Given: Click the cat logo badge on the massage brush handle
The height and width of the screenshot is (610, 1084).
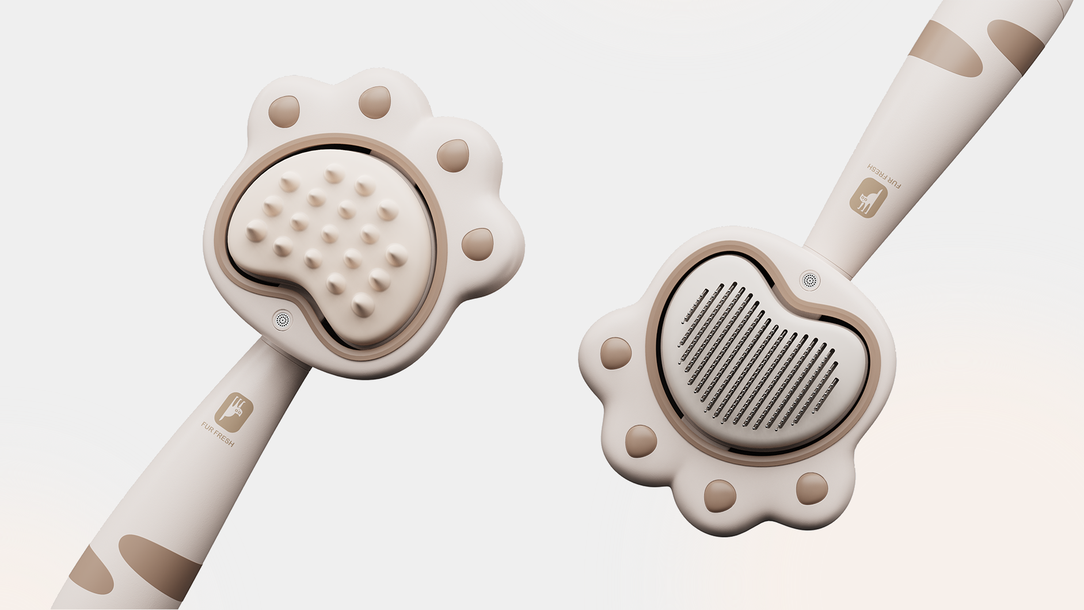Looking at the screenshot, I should coord(234,412).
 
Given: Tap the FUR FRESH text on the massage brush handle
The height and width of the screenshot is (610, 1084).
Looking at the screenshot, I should coord(218,434).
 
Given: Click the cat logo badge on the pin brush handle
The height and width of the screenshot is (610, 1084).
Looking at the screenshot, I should coord(868,197).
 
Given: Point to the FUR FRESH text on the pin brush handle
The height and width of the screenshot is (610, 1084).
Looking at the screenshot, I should coord(884,176).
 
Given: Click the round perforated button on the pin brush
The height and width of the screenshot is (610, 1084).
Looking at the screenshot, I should coord(810,280).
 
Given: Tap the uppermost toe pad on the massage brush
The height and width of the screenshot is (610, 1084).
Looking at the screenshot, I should coord(375,102).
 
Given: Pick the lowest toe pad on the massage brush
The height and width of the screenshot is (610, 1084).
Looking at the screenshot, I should coord(478,244).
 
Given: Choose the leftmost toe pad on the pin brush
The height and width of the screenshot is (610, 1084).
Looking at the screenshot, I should coord(615,353).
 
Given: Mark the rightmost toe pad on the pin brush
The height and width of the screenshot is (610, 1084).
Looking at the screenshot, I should coord(812,488).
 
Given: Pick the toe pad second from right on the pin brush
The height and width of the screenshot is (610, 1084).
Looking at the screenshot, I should coord(720,495).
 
